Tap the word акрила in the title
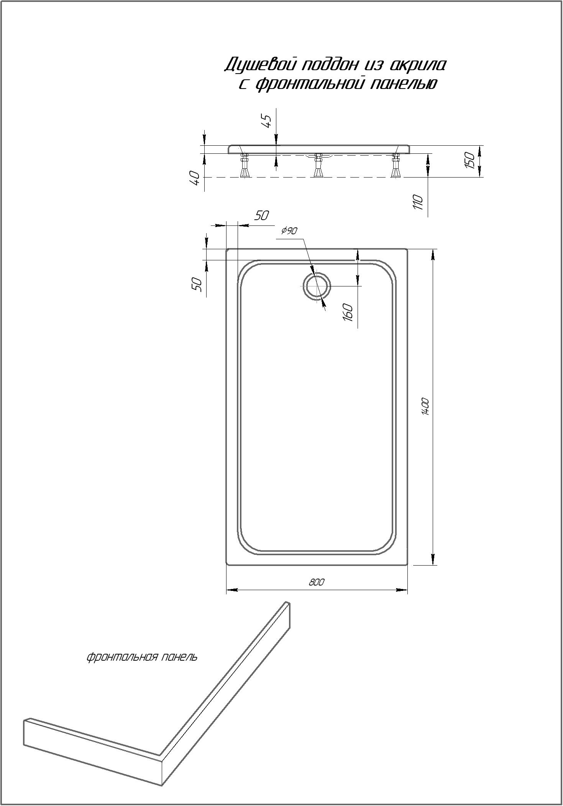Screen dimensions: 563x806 pyautogui.click(x=419, y=65)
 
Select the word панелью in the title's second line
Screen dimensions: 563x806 pyautogui.click(x=404, y=84)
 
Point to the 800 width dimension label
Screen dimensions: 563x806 pyautogui.click(x=317, y=582)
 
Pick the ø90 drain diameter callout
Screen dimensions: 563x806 pyautogui.click(x=289, y=230)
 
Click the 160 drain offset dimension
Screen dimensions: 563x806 pyautogui.click(x=348, y=312)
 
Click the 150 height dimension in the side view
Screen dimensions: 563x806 pyautogui.click(x=470, y=161)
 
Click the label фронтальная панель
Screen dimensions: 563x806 pyautogui.click(x=142, y=657)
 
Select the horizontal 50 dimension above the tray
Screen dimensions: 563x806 pyautogui.click(x=261, y=216)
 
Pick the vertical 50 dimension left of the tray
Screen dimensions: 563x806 pyautogui.click(x=197, y=284)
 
